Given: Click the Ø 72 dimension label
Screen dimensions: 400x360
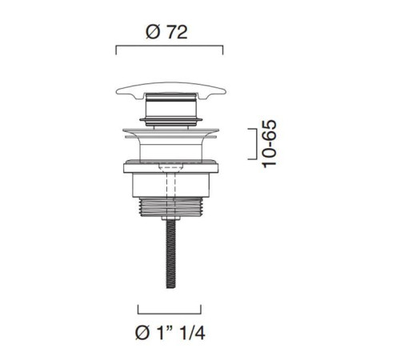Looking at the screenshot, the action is coord(166,33).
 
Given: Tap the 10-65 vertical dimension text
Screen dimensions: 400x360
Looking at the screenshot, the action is coord(269,144).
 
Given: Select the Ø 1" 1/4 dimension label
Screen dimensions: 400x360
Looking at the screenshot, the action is coord(170,333).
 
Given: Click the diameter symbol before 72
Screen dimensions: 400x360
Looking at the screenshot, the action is coord(153,33).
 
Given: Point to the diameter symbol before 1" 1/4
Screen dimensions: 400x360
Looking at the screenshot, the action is coord(142,334).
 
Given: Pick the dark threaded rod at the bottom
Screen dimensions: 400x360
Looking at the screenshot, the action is coord(171,254).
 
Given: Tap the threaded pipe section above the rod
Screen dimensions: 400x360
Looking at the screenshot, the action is coord(171,206).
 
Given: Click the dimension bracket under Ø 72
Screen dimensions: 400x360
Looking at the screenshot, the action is coord(170,46).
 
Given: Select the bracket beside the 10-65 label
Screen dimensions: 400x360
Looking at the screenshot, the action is coord(253,144).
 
